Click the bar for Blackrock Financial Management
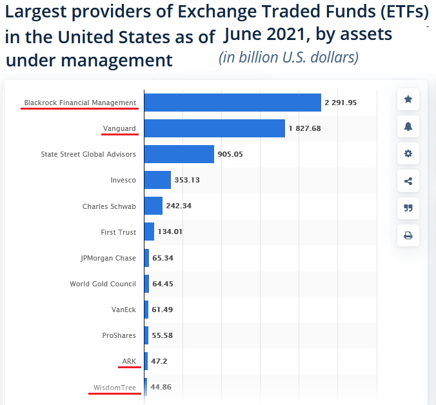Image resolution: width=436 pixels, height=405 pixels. click(232, 103)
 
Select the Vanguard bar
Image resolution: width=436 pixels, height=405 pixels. click(214, 128)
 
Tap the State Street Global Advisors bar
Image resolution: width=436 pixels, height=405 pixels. click(179, 154)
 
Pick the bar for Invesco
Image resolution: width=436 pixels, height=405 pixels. click(157, 180)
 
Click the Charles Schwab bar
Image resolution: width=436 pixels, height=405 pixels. click(153, 206)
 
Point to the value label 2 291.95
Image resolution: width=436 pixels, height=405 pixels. click(341, 103)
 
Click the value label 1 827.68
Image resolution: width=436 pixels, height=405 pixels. click(304, 128)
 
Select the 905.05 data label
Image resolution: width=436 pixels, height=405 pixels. click(230, 154)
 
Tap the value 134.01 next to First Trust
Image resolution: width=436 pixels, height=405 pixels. click(170, 232)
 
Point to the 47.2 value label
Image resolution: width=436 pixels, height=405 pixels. click(159, 361)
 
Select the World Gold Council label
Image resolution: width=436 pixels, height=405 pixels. click(103, 284)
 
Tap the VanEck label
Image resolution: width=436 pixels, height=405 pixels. click(123, 310)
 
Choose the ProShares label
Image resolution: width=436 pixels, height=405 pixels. click(119, 335)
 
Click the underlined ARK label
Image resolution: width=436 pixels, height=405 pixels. click(129, 361)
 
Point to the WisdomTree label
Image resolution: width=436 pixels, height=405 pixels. click(115, 388)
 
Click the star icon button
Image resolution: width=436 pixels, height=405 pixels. click(408, 99)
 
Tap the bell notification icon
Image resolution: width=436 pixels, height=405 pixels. click(408, 126)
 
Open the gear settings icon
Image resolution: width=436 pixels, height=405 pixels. click(408, 153)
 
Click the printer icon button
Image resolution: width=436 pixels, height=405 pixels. click(408, 235)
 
